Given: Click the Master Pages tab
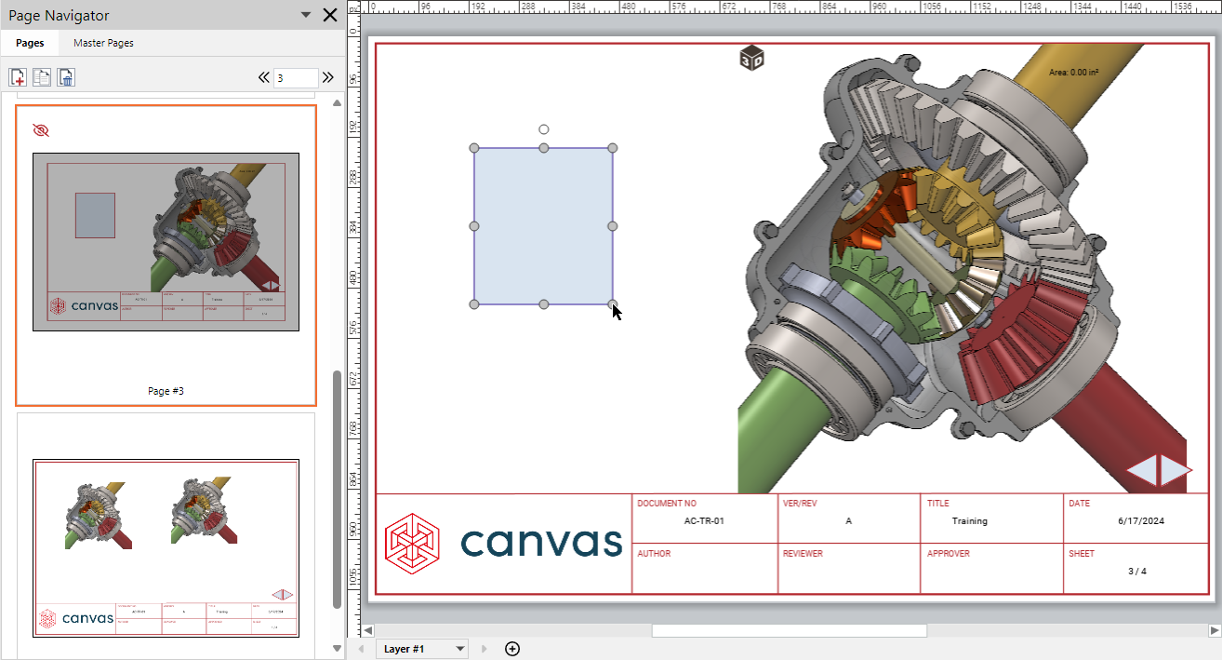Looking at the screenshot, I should (x=103, y=43).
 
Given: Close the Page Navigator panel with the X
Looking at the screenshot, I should (x=329, y=15).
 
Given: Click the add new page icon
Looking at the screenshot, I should (x=18, y=77).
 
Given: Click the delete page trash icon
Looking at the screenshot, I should (x=66, y=77).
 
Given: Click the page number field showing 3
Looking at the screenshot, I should (x=295, y=78).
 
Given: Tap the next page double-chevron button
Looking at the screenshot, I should (x=327, y=78).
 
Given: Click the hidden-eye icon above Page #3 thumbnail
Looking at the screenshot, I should (x=40, y=130).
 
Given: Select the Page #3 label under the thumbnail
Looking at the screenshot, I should (x=166, y=391).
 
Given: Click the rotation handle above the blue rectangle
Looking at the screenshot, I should (x=544, y=129).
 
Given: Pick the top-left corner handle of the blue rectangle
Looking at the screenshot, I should (x=474, y=148).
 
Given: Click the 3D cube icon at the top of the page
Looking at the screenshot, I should (x=751, y=59).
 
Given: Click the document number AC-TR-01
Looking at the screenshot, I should (x=703, y=521).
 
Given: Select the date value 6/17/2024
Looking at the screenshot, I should (x=1141, y=521).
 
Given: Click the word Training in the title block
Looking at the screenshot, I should (x=969, y=521).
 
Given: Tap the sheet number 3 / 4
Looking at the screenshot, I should (x=1136, y=571).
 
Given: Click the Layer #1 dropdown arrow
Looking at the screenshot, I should (x=459, y=649).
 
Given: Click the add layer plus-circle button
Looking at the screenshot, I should (x=511, y=649).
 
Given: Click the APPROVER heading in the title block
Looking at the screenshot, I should (x=948, y=554).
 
